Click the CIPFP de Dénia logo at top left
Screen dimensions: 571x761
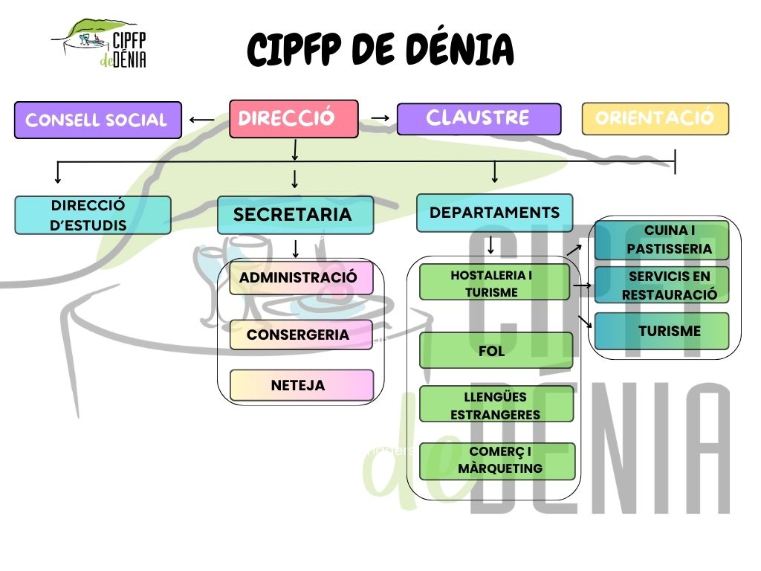[x=100, y=42]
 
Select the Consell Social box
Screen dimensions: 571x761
[x=97, y=120]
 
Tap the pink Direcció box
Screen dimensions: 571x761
[x=294, y=119]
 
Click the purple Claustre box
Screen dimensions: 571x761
[x=479, y=119]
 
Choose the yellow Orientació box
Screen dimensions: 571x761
[x=655, y=119]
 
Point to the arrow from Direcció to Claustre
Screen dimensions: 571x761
[x=380, y=117]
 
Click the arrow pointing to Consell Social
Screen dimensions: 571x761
[x=201, y=119]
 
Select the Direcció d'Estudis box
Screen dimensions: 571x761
[x=93, y=215]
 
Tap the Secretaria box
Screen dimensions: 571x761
[x=295, y=215]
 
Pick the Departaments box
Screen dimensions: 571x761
[x=494, y=213]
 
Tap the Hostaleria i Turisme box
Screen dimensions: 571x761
[x=494, y=283]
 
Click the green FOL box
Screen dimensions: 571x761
[x=496, y=350]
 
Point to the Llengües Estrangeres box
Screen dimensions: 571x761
[x=496, y=404]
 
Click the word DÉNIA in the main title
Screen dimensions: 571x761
[x=461, y=50]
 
